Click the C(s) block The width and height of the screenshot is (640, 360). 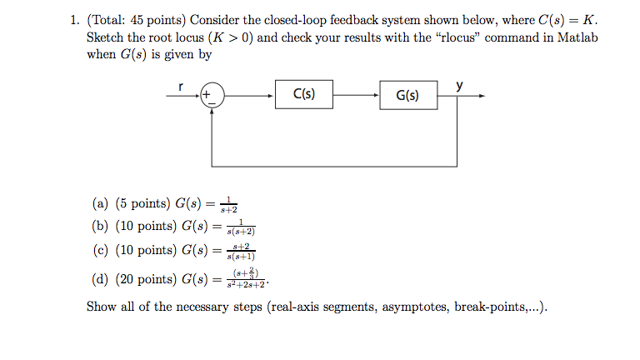(303, 95)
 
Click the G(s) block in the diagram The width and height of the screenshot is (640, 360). (408, 96)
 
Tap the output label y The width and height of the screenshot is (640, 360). (459, 85)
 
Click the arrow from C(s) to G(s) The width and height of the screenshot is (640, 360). (356, 96)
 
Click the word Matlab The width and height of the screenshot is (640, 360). (578, 38)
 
